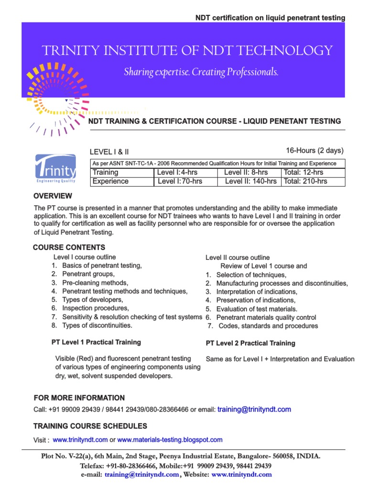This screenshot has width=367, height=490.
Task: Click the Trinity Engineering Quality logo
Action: pos(55,169)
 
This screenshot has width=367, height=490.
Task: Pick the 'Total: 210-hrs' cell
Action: pos(305,181)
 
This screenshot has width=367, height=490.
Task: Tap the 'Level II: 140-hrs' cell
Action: pos(250,181)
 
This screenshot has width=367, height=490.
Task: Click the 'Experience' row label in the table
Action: pos(110,181)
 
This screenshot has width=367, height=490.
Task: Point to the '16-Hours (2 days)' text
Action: pos(315,151)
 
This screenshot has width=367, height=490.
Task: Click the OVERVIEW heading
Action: pos(53,196)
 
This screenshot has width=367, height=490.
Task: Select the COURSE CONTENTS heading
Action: pos(69,247)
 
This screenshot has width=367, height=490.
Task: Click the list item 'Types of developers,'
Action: pos(93,300)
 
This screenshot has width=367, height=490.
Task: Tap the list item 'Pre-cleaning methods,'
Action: pos(95,283)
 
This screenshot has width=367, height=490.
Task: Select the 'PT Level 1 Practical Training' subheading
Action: pos(96,342)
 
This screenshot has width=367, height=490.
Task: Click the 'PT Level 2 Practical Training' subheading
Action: pos(250,343)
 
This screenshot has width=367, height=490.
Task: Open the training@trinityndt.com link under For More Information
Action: pos(254,410)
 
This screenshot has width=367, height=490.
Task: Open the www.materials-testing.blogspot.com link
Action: pos(170,440)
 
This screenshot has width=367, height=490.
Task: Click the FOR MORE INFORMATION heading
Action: pos(79,398)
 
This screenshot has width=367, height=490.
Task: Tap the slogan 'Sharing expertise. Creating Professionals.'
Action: pos(201,72)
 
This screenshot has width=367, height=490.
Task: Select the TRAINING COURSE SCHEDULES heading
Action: pos(90,426)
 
